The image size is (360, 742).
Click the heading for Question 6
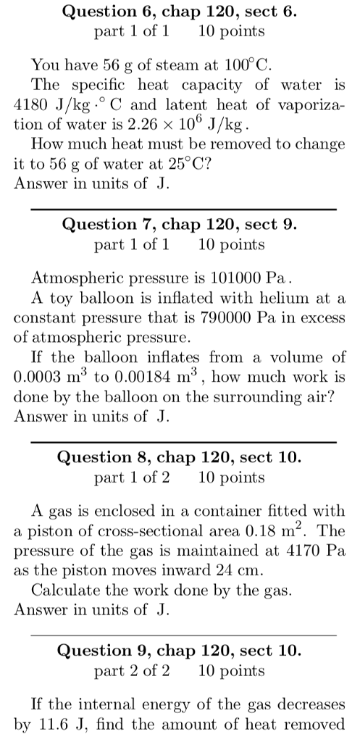pos(180,12)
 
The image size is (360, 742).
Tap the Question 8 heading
pos(180,458)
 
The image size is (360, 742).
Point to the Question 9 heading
pos(180,651)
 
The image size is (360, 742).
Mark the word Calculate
pos(64,589)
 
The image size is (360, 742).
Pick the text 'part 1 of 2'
pos(132,478)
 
